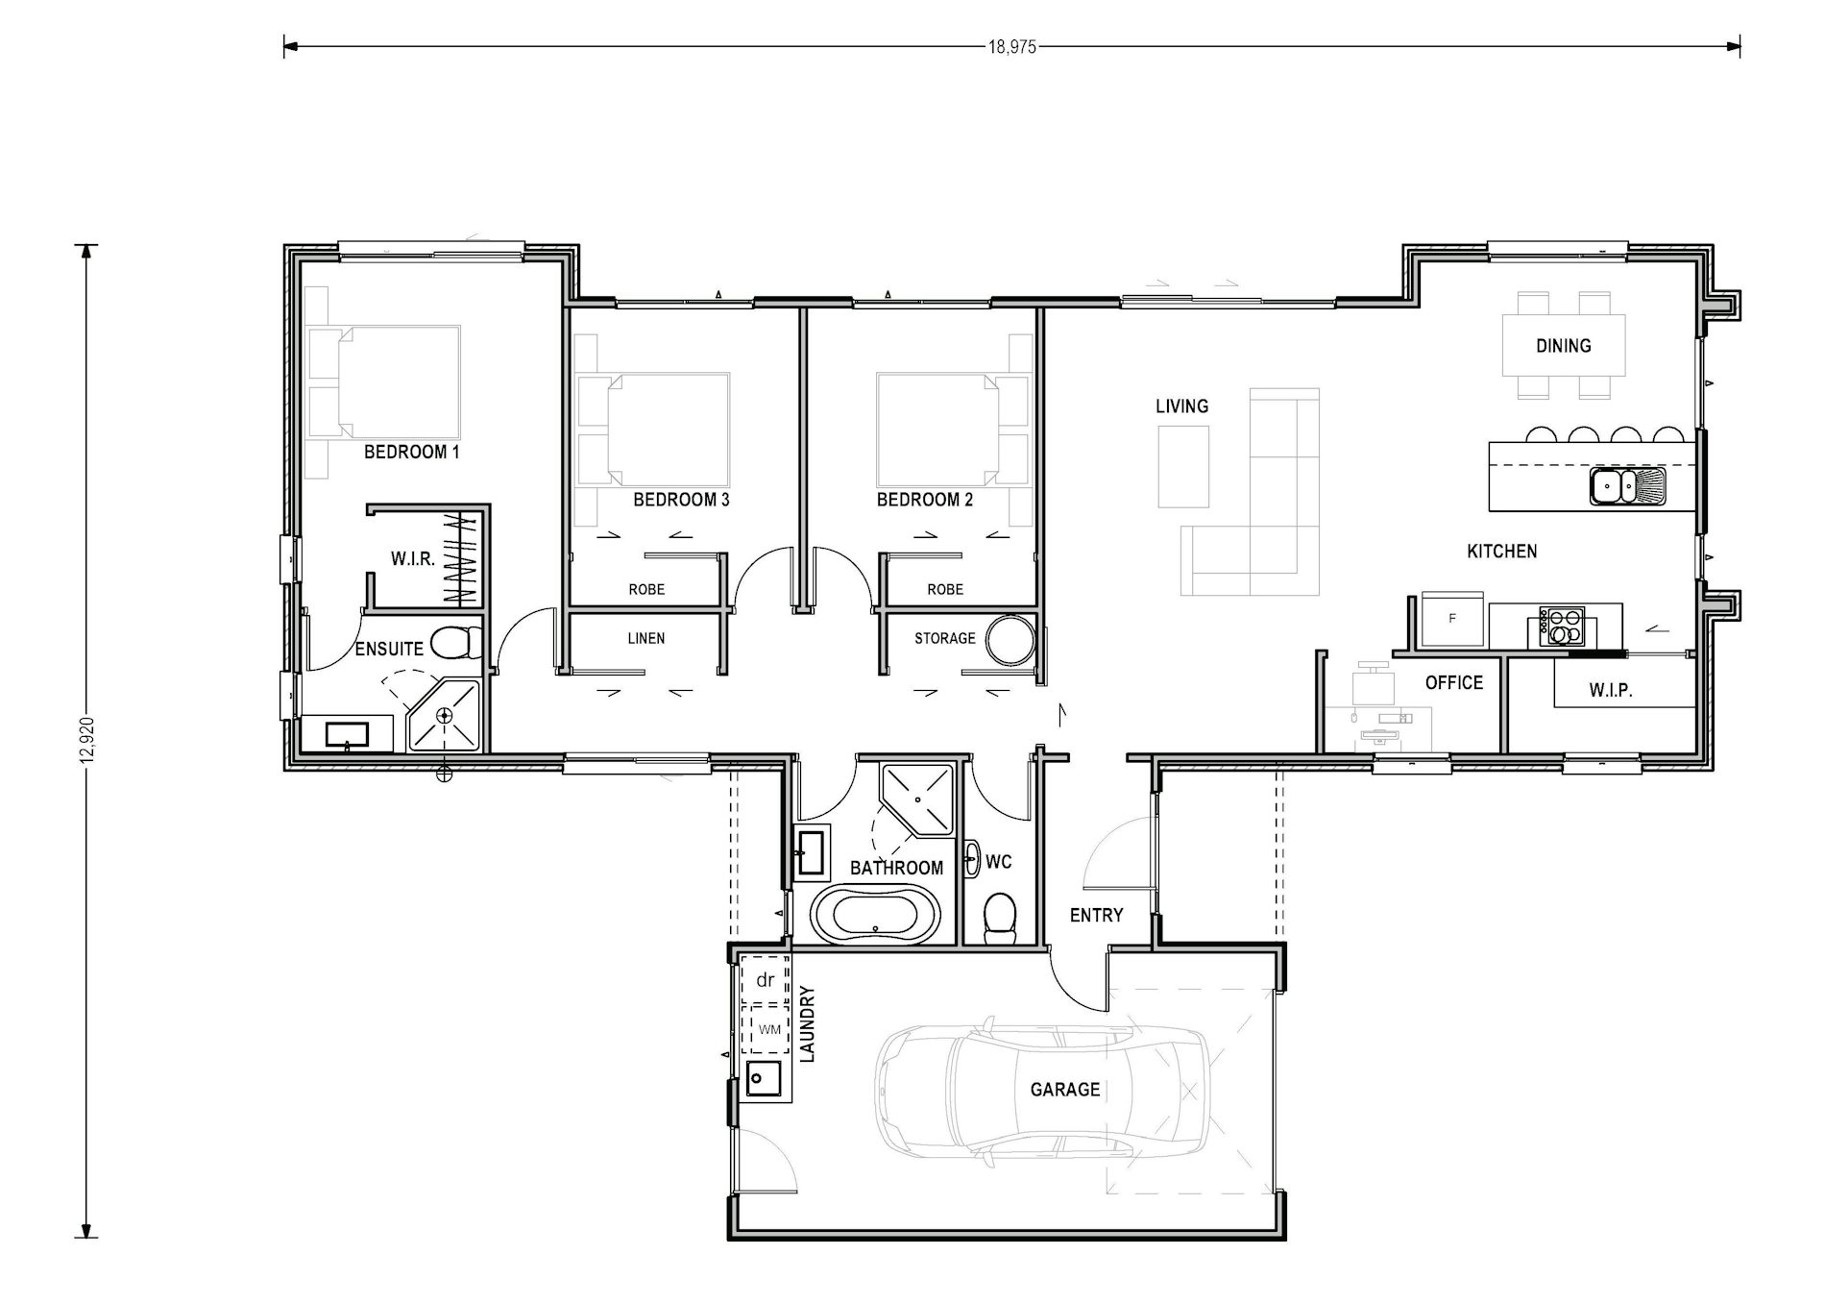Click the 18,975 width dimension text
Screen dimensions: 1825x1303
coord(1012,46)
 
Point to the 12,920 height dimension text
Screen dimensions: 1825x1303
coord(88,740)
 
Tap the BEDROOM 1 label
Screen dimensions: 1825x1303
coord(411,452)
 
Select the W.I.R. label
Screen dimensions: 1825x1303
coord(413,558)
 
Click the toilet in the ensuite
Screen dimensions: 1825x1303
coord(456,642)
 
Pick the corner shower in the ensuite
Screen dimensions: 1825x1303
coord(444,716)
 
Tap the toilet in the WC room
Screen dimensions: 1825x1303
coord(1000,917)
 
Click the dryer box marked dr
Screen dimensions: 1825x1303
coord(766,980)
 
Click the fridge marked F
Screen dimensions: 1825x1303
coord(1452,619)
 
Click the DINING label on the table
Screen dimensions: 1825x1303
coord(1563,346)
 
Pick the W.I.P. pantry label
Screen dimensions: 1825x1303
coord(1610,690)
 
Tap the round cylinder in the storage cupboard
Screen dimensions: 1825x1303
coord(1010,639)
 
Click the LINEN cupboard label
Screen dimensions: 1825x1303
coord(645,638)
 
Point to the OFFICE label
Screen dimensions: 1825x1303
coord(1453,682)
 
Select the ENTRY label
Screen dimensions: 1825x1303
coord(1096,916)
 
